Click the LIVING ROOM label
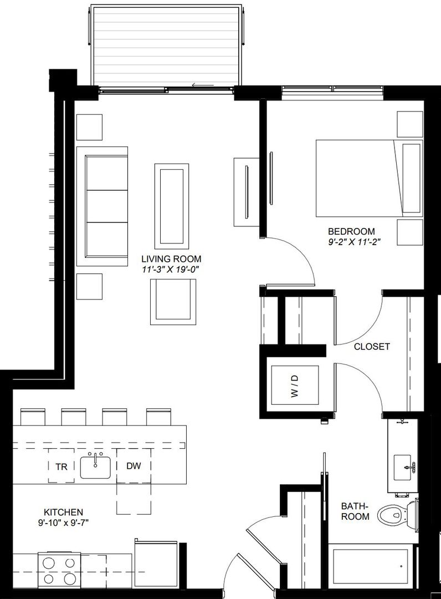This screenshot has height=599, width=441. [x=171, y=259]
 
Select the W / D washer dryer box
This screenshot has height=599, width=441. [x=294, y=385]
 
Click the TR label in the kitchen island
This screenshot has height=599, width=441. [x=61, y=466]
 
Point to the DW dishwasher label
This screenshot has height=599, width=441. [x=134, y=466]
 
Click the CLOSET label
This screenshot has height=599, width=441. [x=372, y=347]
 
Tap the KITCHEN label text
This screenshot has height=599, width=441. [x=63, y=512]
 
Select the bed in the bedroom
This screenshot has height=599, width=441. [x=368, y=178]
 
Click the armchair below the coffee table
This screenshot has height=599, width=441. [x=172, y=302]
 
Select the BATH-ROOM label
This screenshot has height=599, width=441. [x=355, y=511]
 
